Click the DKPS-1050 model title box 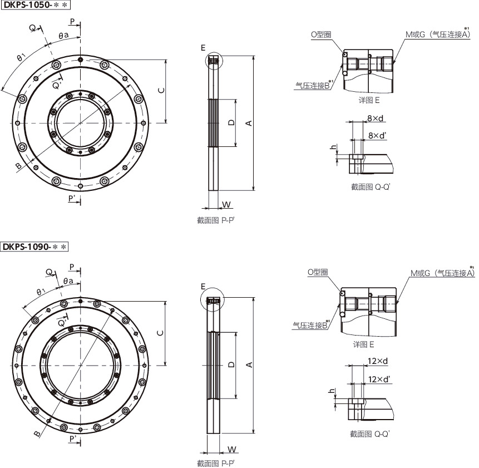click(36, 5)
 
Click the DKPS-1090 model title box click(34, 247)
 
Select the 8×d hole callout click(375, 118)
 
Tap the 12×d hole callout click(378, 361)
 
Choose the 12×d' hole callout click(379, 379)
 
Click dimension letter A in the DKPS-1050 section click(249, 123)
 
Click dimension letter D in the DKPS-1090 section click(232, 364)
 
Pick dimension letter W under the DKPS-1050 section click(226, 204)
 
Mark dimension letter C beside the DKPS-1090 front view click(160, 333)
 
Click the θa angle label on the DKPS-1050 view click(64, 36)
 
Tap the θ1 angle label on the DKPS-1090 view click(41, 292)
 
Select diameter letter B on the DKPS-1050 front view click(18, 166)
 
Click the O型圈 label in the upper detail click(321, 35)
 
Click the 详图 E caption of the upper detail click(369, 100)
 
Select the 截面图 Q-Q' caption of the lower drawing click(370, 433)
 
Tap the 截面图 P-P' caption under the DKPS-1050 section click(216, 220)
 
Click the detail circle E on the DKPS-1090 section click(213, 300)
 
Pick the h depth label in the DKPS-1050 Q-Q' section click(333, 147)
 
